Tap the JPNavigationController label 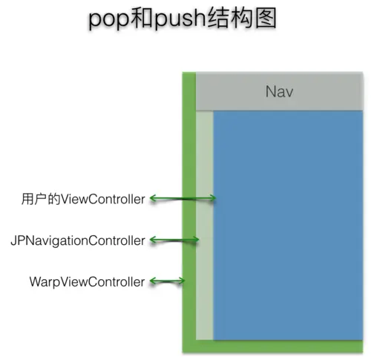[77, 240]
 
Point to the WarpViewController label [87, 281]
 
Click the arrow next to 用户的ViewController [183, 198]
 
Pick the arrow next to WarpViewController [168, 281]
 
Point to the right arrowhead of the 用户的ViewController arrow [213, 198]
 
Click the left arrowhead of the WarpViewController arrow [153, 281]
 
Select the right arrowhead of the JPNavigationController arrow [197, 240]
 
